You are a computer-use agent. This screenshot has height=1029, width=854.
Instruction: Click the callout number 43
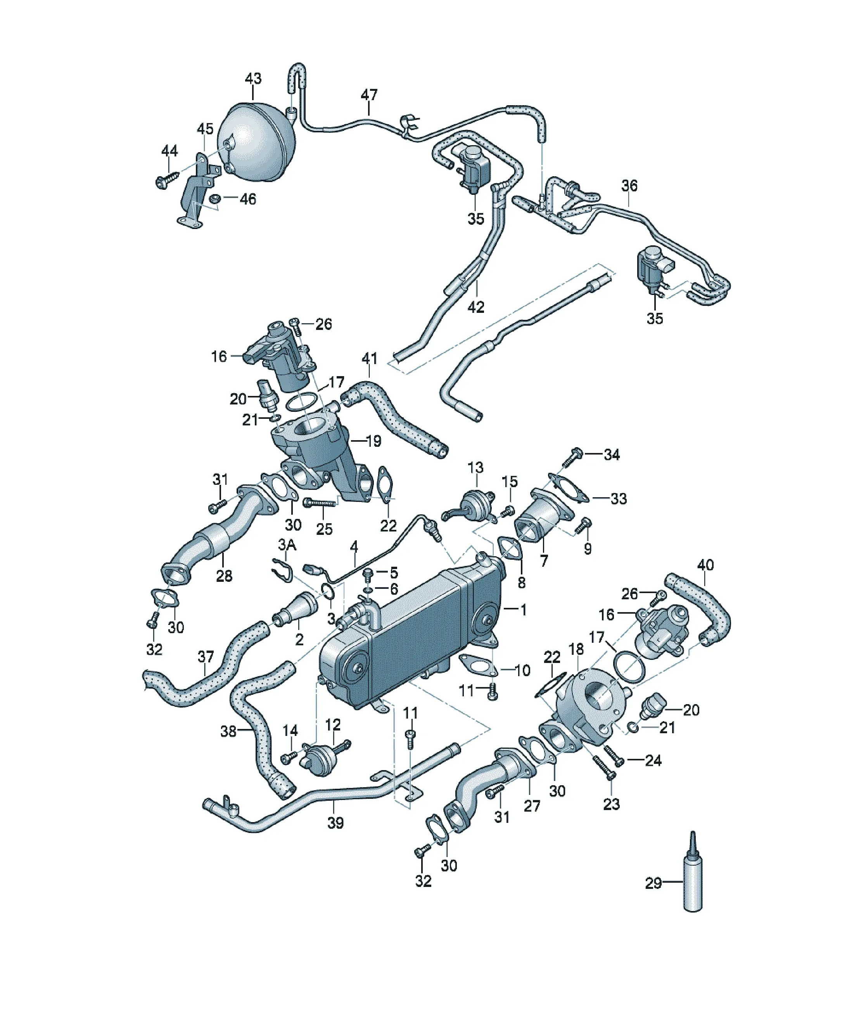[x=253, y=78]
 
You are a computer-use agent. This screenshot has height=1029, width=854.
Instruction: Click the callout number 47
[x=369, y=95]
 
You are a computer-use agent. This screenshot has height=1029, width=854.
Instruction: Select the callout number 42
[x=476, y=307]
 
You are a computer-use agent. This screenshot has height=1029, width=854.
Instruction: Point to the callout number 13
[x=475, y=467]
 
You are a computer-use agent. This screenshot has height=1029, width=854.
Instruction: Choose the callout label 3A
[x=287, y=545]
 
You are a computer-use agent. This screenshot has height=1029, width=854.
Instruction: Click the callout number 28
[x=224, y=576]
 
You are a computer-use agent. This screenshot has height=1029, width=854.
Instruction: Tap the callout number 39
[x=335, y=823]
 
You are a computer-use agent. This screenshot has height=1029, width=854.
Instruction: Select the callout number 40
[x=705, y=565]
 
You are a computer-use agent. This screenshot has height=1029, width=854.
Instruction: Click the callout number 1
[x=524, y=610]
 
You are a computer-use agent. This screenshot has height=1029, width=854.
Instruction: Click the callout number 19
[x=373, y=441]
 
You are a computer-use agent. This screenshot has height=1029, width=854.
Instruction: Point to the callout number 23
[x=611, y=804]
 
